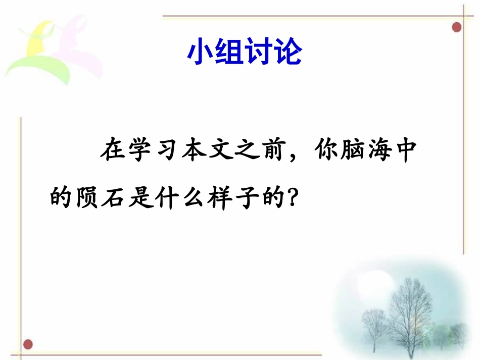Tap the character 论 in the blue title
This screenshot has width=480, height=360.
click(x=288, y=52)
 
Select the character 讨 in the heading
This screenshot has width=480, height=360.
click(x=259, y=52)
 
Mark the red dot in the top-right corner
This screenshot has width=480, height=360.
click(x=457, y=27)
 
